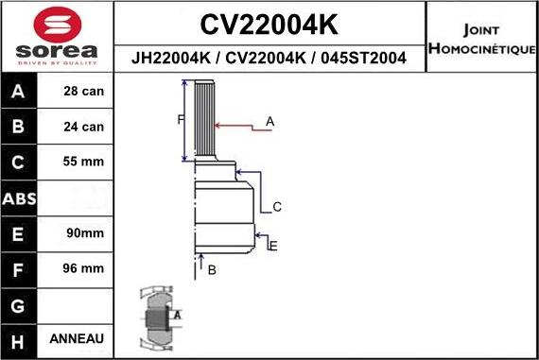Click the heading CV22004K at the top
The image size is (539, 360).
click(270, 23)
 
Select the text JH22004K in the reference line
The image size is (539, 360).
click(170, 59)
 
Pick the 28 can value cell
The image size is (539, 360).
click(83, 92)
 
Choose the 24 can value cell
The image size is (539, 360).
click(83, 127)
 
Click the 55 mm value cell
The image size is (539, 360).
click(83, 162)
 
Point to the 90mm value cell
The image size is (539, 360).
click(83, 232)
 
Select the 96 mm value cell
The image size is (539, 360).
click(83, 268)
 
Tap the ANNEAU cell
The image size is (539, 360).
click(83, 338)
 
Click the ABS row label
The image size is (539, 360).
click(20, 198)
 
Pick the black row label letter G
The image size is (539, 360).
click(20, 304)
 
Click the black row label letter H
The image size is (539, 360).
click(20, 339)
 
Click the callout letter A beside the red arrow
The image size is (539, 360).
click(269, 122)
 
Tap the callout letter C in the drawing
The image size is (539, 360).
click(277, 206)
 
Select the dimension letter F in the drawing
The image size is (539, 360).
click(180, 119)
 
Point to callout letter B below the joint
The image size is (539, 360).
click(212, 270)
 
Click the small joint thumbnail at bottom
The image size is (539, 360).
click(157, 317)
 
